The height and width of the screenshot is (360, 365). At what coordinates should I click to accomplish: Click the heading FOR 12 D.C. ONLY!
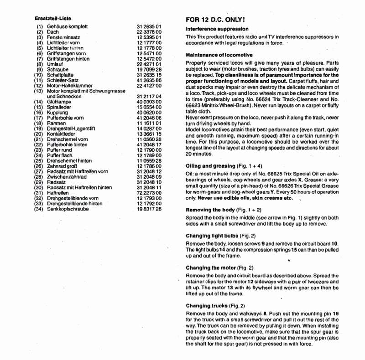tap(216, 21)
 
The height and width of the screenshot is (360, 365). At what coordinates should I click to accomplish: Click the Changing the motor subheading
tap(212, 268)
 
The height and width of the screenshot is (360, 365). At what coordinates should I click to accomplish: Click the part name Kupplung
tap(57, 114)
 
